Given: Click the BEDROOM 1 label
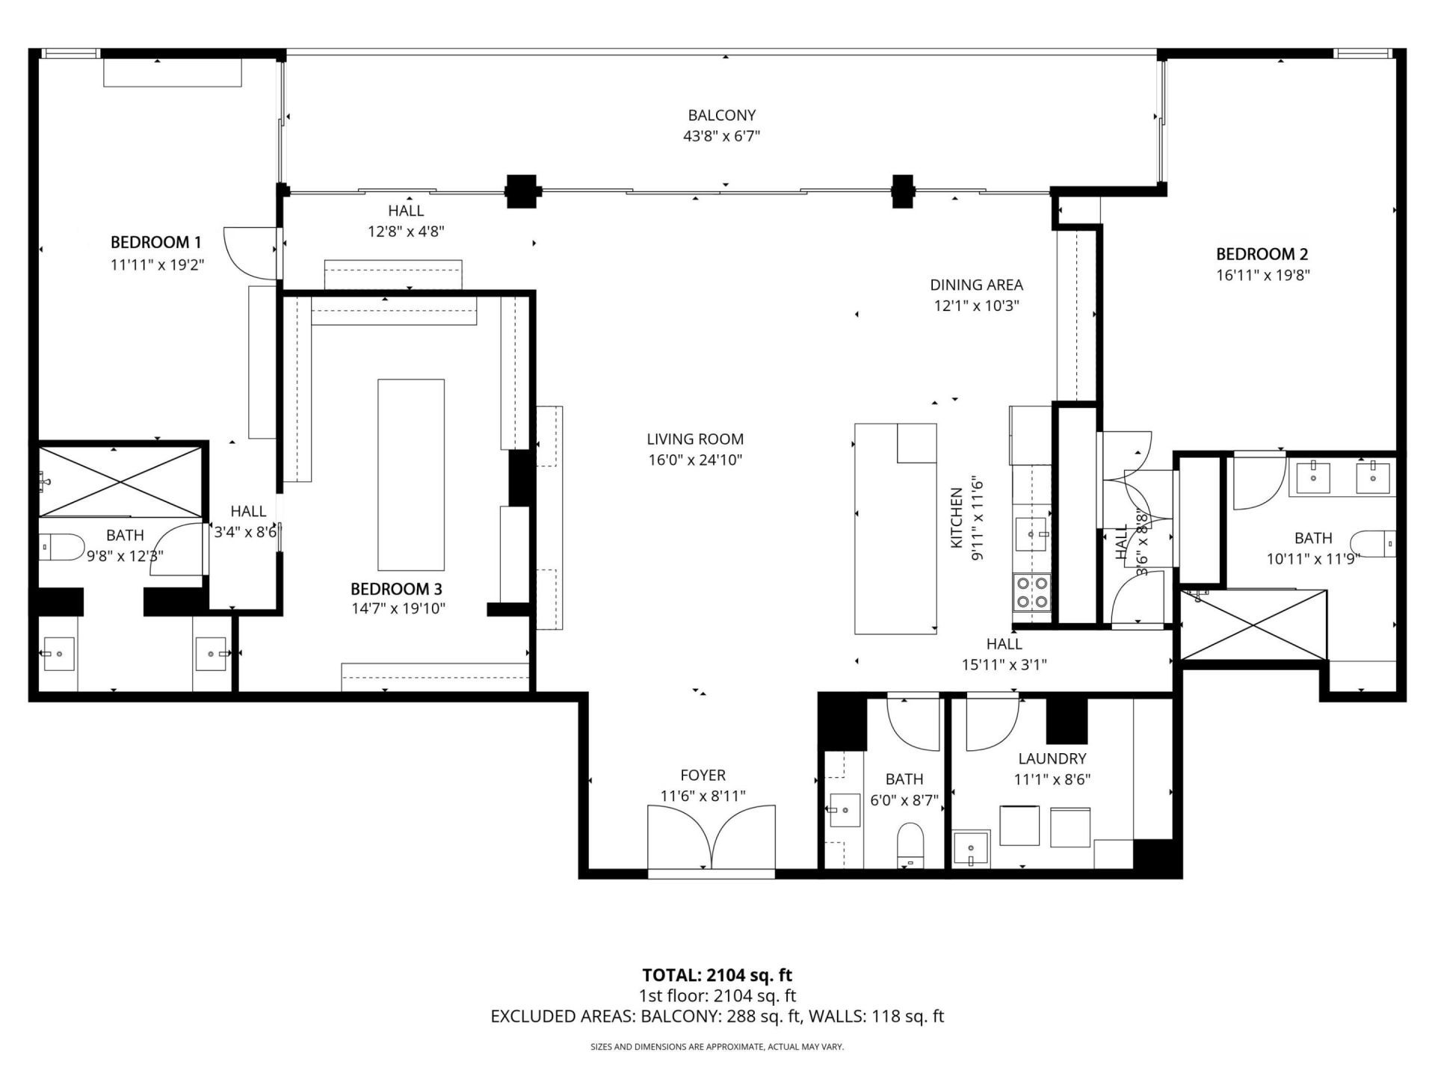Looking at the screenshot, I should point(155,242).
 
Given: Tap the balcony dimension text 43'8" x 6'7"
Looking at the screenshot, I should point(721,136).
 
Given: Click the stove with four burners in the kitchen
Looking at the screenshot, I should point(1031,592).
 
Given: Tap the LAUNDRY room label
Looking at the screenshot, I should point(1052,758).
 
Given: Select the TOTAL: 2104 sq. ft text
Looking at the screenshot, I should point(717,975).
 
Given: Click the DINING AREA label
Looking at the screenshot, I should point(976,285).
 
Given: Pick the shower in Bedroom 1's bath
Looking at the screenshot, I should point(120,481).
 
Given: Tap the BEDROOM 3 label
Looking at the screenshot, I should point(396,589).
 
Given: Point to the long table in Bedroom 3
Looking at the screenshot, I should point(410,474).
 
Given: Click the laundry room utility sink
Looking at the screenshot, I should point(970,850).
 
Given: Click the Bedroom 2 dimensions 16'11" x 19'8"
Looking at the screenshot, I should point(1262,275).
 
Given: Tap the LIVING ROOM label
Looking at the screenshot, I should point(695,439).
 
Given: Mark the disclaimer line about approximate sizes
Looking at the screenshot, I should point(717,1047).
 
